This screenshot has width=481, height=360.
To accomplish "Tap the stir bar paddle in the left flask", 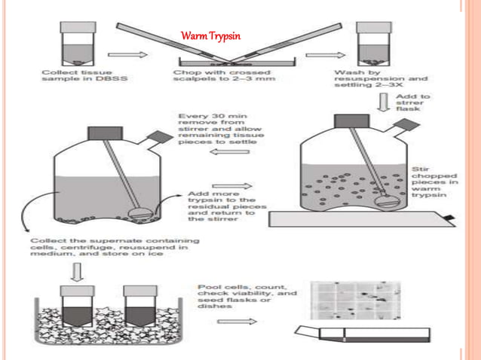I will point(142,212).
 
